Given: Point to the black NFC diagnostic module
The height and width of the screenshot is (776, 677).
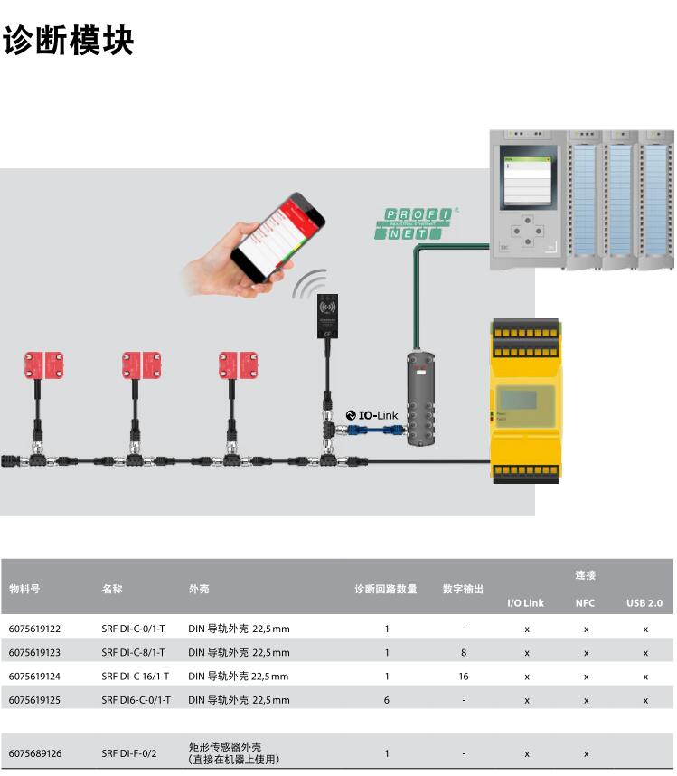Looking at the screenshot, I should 326,316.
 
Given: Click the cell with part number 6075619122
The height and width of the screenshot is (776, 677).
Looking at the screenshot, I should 35,628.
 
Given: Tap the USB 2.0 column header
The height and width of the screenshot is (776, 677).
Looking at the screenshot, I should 644,603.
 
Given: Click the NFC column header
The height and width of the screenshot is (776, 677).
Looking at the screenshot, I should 586,603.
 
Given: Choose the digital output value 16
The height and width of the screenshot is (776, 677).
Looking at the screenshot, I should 464,676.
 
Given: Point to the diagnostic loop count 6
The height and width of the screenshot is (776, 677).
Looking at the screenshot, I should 387,699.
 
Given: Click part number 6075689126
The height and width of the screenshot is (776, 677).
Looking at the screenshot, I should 35,752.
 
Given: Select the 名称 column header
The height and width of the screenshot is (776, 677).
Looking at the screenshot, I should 112,589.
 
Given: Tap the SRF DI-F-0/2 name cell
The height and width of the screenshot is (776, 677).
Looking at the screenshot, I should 129,752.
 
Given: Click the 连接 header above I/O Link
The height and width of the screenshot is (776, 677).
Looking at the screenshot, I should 586,575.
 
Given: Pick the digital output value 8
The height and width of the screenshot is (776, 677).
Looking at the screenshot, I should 464,652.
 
